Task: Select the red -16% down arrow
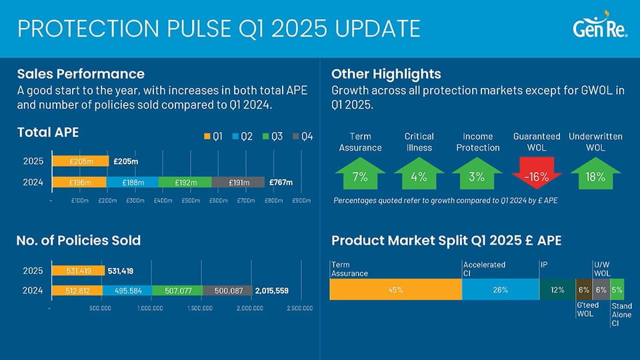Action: (536, 176)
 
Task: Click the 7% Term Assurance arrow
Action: (360, 176)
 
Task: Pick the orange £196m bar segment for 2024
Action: (78, 183)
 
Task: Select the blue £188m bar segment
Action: (131, 183)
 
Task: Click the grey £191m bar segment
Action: (237, 183)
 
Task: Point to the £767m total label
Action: (281, 183)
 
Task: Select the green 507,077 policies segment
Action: (177, 290)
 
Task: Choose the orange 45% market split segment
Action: (395, 290)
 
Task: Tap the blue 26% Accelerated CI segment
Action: (500, 290)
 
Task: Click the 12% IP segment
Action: (557, 290)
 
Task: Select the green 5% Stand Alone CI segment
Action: (617, 290)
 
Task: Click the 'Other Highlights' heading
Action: (385, 73)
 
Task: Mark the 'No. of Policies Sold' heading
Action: (79, 240)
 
